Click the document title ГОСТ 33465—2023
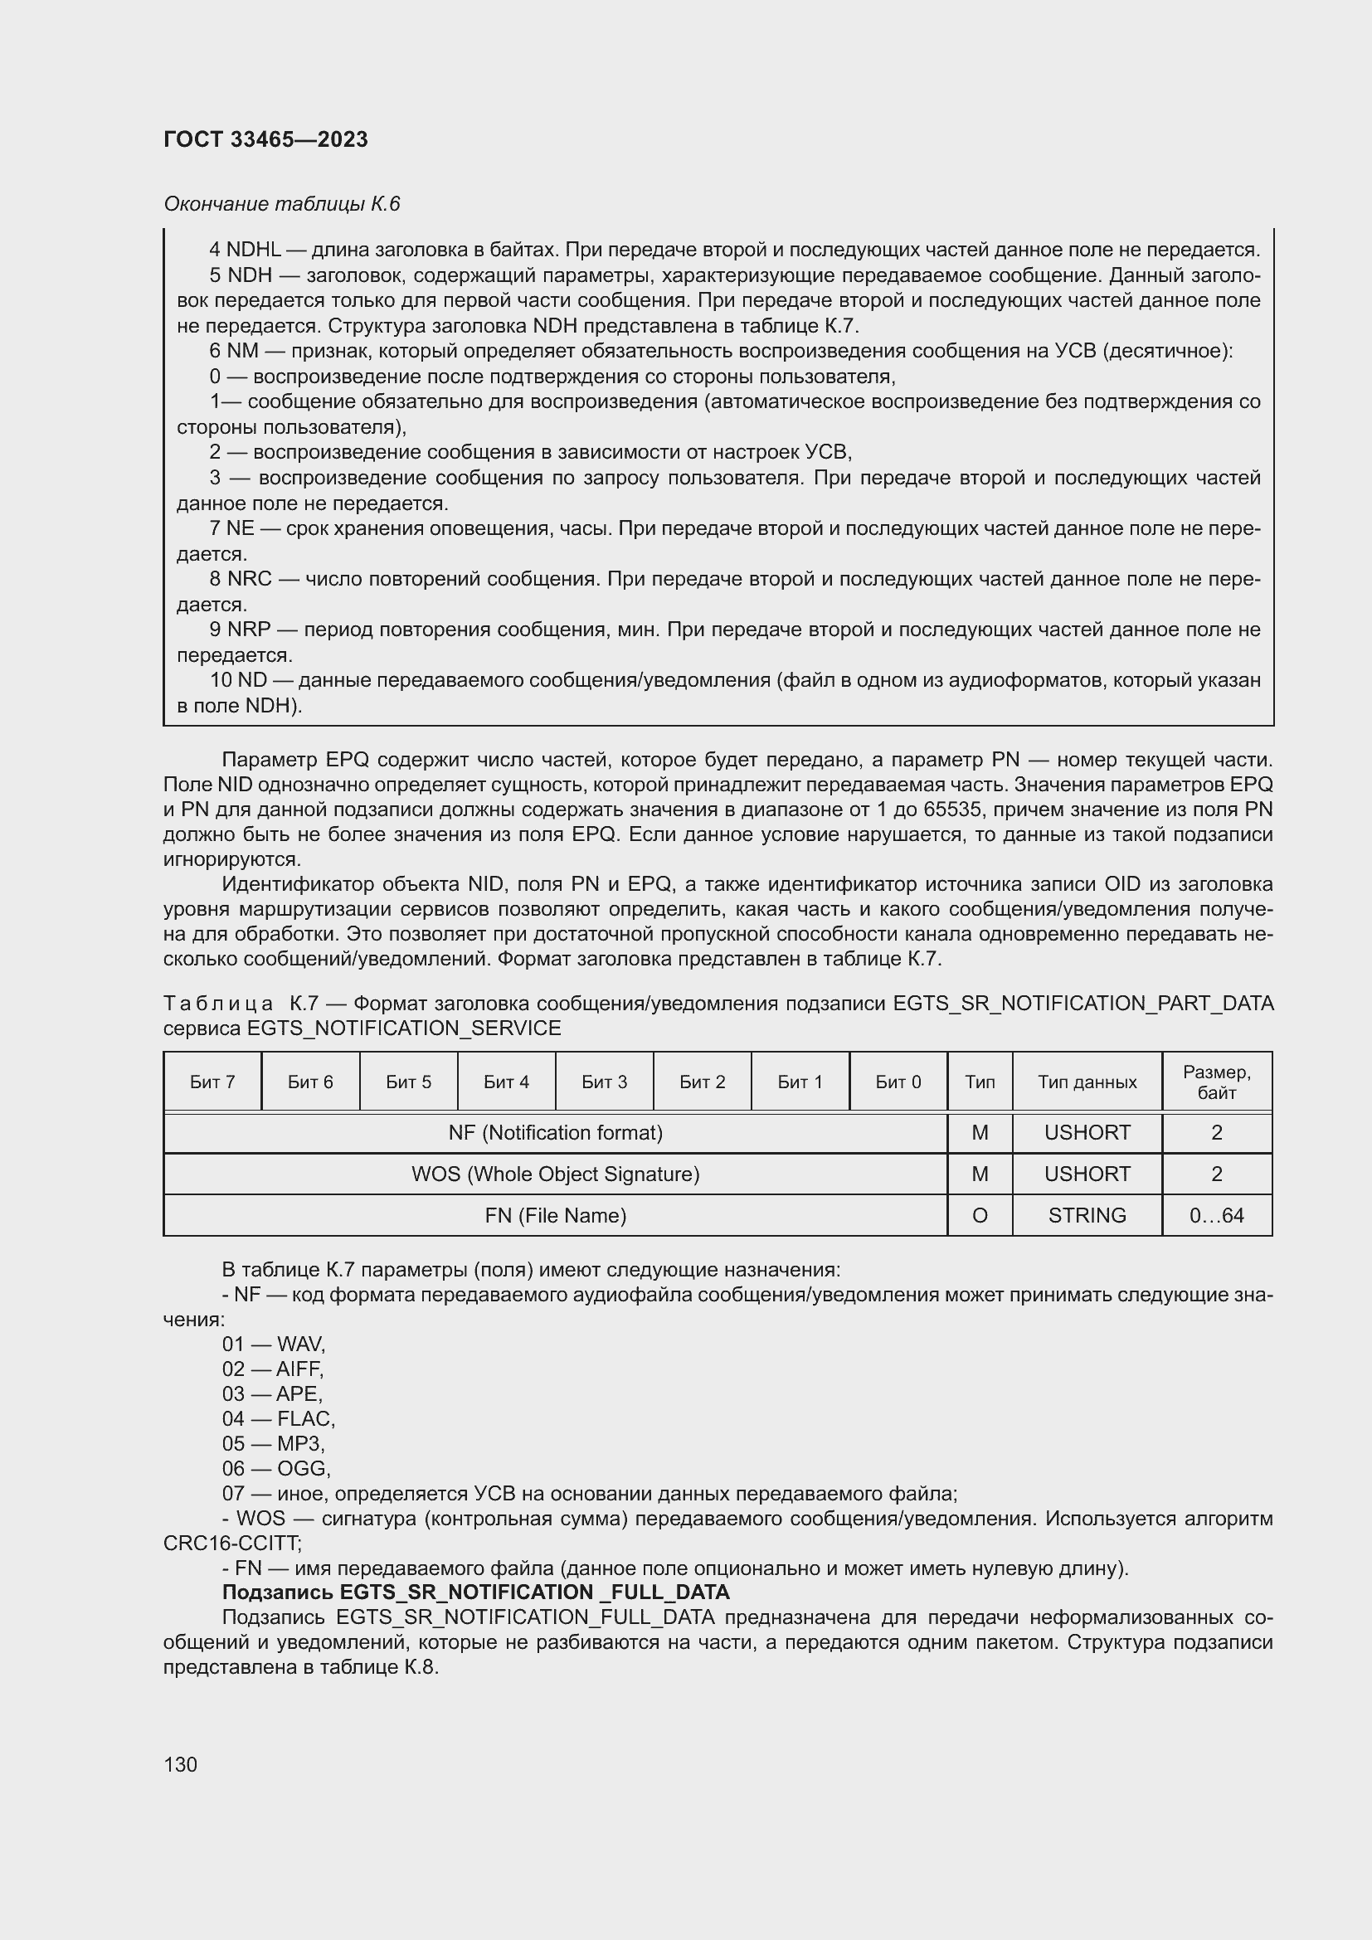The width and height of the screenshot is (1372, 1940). pyautogui.click(x=265, y=139)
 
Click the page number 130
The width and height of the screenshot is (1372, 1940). pyautogui.click(x=180, y=1764)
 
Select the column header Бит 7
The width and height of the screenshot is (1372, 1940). pyautogui.click(x=212, y=1082)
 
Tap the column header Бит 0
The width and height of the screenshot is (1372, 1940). pyautogui.click(x=898, y=1082)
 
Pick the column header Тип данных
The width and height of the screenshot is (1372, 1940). pyautogui.click(x=1087, y=1082)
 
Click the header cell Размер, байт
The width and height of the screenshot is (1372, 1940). pyautogui.click(x=1216, y=1082)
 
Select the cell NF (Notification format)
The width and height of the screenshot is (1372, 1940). pyautogui.click(x=555, y=1132)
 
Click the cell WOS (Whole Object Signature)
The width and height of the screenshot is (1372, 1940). pyautogui.click(x=555, y=1174)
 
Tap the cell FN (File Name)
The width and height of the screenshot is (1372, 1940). pyautogui.click(x=555, y=1215)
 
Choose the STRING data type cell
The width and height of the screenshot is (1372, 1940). pyautogui.click(x=1087, y=1215)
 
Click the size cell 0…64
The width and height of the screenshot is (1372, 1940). pyautogui.click(x=1216, y=1215)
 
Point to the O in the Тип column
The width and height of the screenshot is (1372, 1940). pyautogui.click(x=979, y=1215)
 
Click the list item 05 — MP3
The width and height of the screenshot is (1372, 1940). pyautogui.click(x=273, y=1443)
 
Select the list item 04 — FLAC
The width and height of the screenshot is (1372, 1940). pyautogui.click(x=278, y=1418)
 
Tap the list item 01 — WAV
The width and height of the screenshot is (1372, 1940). pyautogui.click(x=273, y=1344)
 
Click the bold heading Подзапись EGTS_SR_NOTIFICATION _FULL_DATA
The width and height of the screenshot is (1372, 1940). pyautogui.click(x=474, y=1592)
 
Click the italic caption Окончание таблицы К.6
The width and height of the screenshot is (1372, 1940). pyautogui.click(x=281, y=204)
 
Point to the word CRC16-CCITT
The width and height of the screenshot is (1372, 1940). pyautogui.click(x=231, y=1543)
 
